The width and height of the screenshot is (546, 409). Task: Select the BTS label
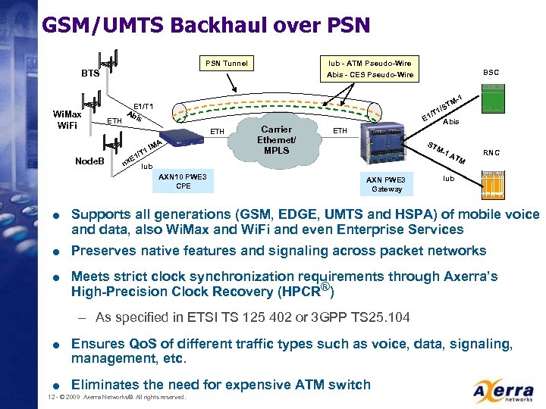click(90, 74)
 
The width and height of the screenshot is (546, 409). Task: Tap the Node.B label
click(89, 161)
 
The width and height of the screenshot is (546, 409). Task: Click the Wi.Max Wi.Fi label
click(67, 119)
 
